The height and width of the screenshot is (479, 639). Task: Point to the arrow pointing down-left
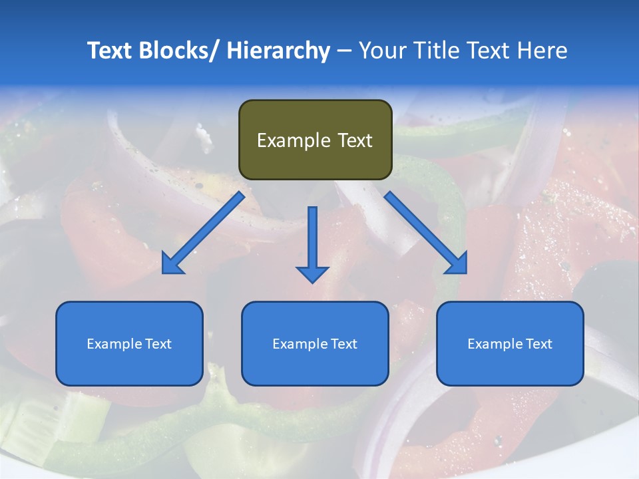203,233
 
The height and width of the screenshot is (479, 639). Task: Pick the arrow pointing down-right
426,233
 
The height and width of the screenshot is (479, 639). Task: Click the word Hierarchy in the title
278,51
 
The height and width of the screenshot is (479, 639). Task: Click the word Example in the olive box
294,140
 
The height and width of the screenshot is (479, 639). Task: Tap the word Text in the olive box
354,140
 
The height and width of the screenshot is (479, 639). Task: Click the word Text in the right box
538,344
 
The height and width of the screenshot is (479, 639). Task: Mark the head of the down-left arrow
172,264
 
